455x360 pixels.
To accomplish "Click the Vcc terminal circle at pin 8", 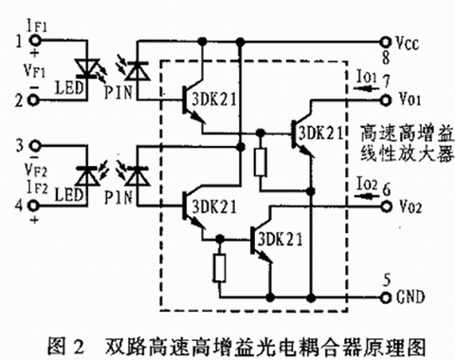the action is pyautogui.click(x=385, y=41).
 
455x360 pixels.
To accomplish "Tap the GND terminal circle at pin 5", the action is pyautogui.click(x=386, y=297).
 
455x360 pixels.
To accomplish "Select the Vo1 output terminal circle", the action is pyautogui.click(x=385, y=99).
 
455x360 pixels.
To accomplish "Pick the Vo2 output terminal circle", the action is pyautogui.click(x=386, y=207).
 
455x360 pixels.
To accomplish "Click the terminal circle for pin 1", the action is pyautogui.click(x=35, y=40).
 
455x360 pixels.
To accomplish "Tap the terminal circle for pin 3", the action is pyautogui.click(x=35, y=146).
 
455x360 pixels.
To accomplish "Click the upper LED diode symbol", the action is pyautogui.click(x=86, y=68).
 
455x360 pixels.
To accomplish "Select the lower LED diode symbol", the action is pyautogui.click(x=86, y=176).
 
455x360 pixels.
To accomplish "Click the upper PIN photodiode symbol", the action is pyautogui.click(x=137, y=71).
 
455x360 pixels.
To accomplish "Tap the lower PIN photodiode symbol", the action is pyautogui.click(x=137, y=176).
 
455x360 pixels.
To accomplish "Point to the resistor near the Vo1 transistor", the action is pyautogui.click(x=261, y=161).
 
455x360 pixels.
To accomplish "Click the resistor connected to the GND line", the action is pyautogui.click(x=220, y=267).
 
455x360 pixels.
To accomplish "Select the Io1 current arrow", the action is pyautogui.click(x=366, y=89).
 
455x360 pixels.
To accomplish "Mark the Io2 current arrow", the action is pyautogui.click(x=366, y=196).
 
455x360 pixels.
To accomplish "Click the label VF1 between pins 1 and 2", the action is pyautogui.click(x=35, y=71).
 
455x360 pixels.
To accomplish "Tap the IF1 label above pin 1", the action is pyautogui.click(x=37, y=26).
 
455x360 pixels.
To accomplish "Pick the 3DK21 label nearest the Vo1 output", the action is pyautogui.click(x=321, y=134).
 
